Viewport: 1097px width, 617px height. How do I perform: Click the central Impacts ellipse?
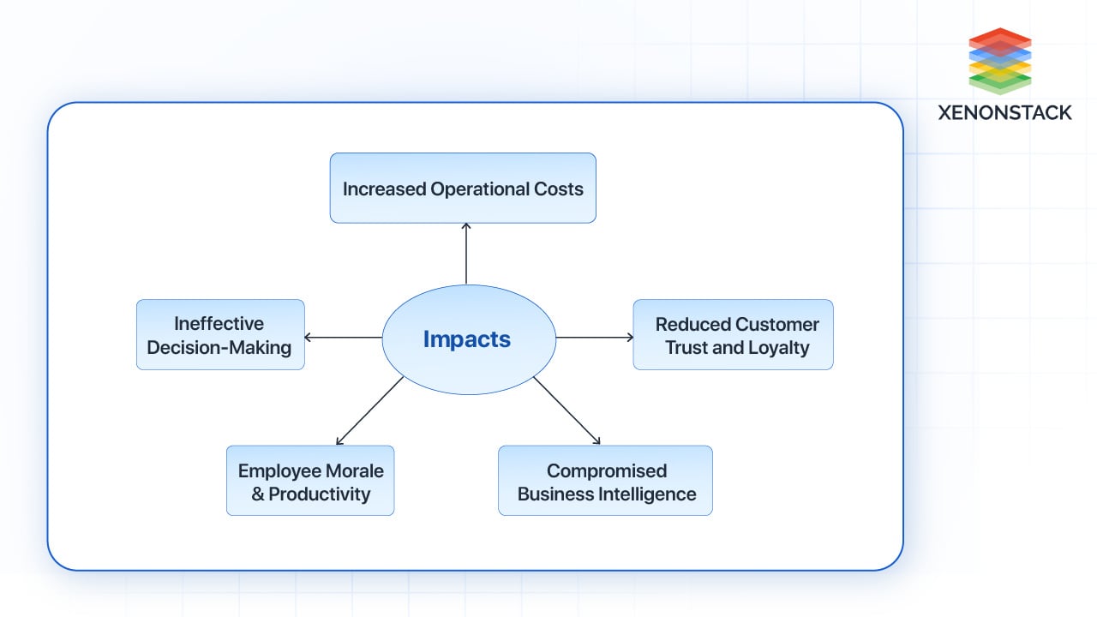coord(468,339)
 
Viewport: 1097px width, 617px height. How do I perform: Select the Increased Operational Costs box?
coord(463,189)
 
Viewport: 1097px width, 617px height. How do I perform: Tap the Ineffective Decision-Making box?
coord(220,335)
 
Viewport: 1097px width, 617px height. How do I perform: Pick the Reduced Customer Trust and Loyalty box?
coord(733,335)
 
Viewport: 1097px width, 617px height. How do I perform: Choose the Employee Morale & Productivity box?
coord(310,481)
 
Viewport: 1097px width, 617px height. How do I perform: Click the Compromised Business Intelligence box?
coord(605,481)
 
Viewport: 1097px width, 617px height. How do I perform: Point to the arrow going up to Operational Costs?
coord(466,254)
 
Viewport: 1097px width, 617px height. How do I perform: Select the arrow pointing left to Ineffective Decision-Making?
coord(343,338)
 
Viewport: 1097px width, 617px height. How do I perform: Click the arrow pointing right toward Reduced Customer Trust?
coord(595,338)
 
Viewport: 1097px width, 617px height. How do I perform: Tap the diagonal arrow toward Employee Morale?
coord(369,410)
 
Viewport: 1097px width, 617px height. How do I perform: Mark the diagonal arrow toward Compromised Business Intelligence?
coord(566,410)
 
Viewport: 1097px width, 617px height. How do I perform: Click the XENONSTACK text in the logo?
coord(1004,112)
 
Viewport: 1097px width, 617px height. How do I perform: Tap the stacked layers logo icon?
coord(1000,61)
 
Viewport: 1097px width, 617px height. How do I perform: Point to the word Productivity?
coord(320,494)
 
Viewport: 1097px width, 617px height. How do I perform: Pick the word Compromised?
coord(607,470)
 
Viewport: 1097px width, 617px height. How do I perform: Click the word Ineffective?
coord(219,324)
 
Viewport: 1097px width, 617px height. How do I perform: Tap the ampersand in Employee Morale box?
coord(258,494)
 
